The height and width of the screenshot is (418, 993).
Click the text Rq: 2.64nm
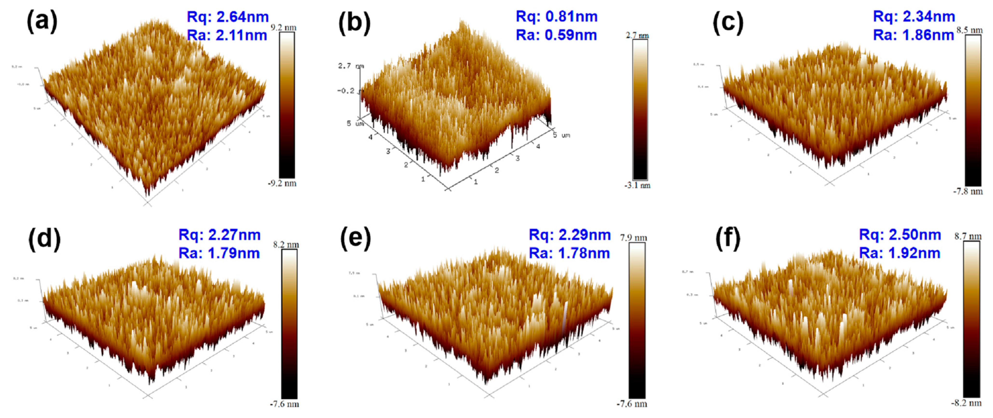[x=227, y=17]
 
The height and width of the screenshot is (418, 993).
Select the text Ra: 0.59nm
[x=556, y=35]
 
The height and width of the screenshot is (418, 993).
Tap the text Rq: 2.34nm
[x=914, y=17]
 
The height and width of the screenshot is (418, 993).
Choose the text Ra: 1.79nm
[x=219, y=253]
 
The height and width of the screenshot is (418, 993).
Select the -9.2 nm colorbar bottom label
[x=282, y=183]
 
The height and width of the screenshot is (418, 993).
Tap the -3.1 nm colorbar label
[x=637, y=186]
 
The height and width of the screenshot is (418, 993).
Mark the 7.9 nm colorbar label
[x=633, y=238]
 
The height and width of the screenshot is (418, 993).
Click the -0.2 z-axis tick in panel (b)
[x=346, y=91]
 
